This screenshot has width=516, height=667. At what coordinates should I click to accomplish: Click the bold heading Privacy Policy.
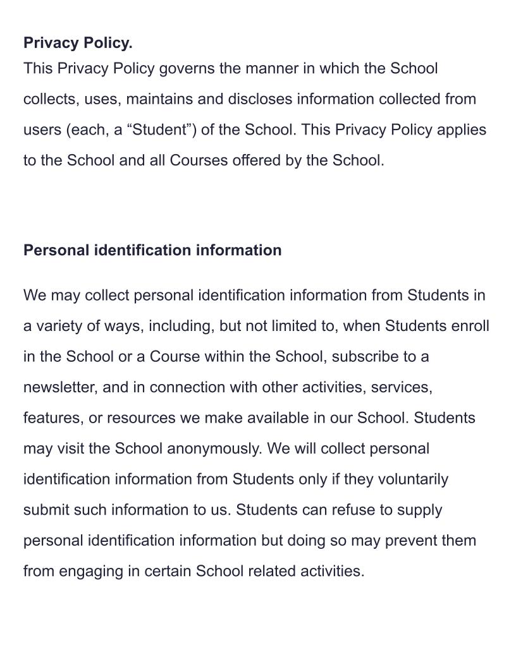point(78,43)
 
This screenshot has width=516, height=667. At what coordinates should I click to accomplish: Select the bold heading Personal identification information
point(152,250)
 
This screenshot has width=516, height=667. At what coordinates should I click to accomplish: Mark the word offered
point(256,160)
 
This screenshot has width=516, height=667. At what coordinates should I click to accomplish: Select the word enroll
point(470,326)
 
